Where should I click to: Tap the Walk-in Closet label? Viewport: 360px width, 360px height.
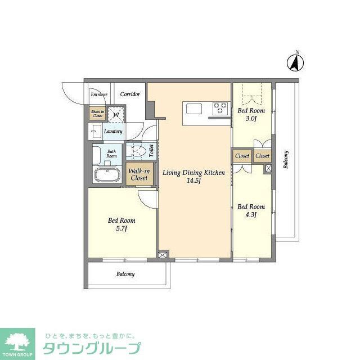(x=138, y=174)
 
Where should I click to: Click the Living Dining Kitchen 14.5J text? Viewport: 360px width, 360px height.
(x=193, y=177)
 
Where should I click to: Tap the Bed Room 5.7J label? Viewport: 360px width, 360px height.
(x=121, y=225)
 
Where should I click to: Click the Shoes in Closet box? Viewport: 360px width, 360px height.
(x=97, y=113)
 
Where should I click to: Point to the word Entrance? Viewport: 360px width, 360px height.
(x=99, y=94)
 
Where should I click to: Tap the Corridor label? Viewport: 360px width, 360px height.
(x=130, y=94)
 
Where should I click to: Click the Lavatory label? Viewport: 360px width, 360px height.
(x=113, y=132)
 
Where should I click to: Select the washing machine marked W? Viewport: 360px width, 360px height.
(x=116, y=114)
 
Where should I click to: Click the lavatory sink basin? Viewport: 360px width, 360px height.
(x=95, y=132)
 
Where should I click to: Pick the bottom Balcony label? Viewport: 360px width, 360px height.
(x=125, y=274)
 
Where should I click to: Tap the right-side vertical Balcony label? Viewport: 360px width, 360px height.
(x=286, y=160)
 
